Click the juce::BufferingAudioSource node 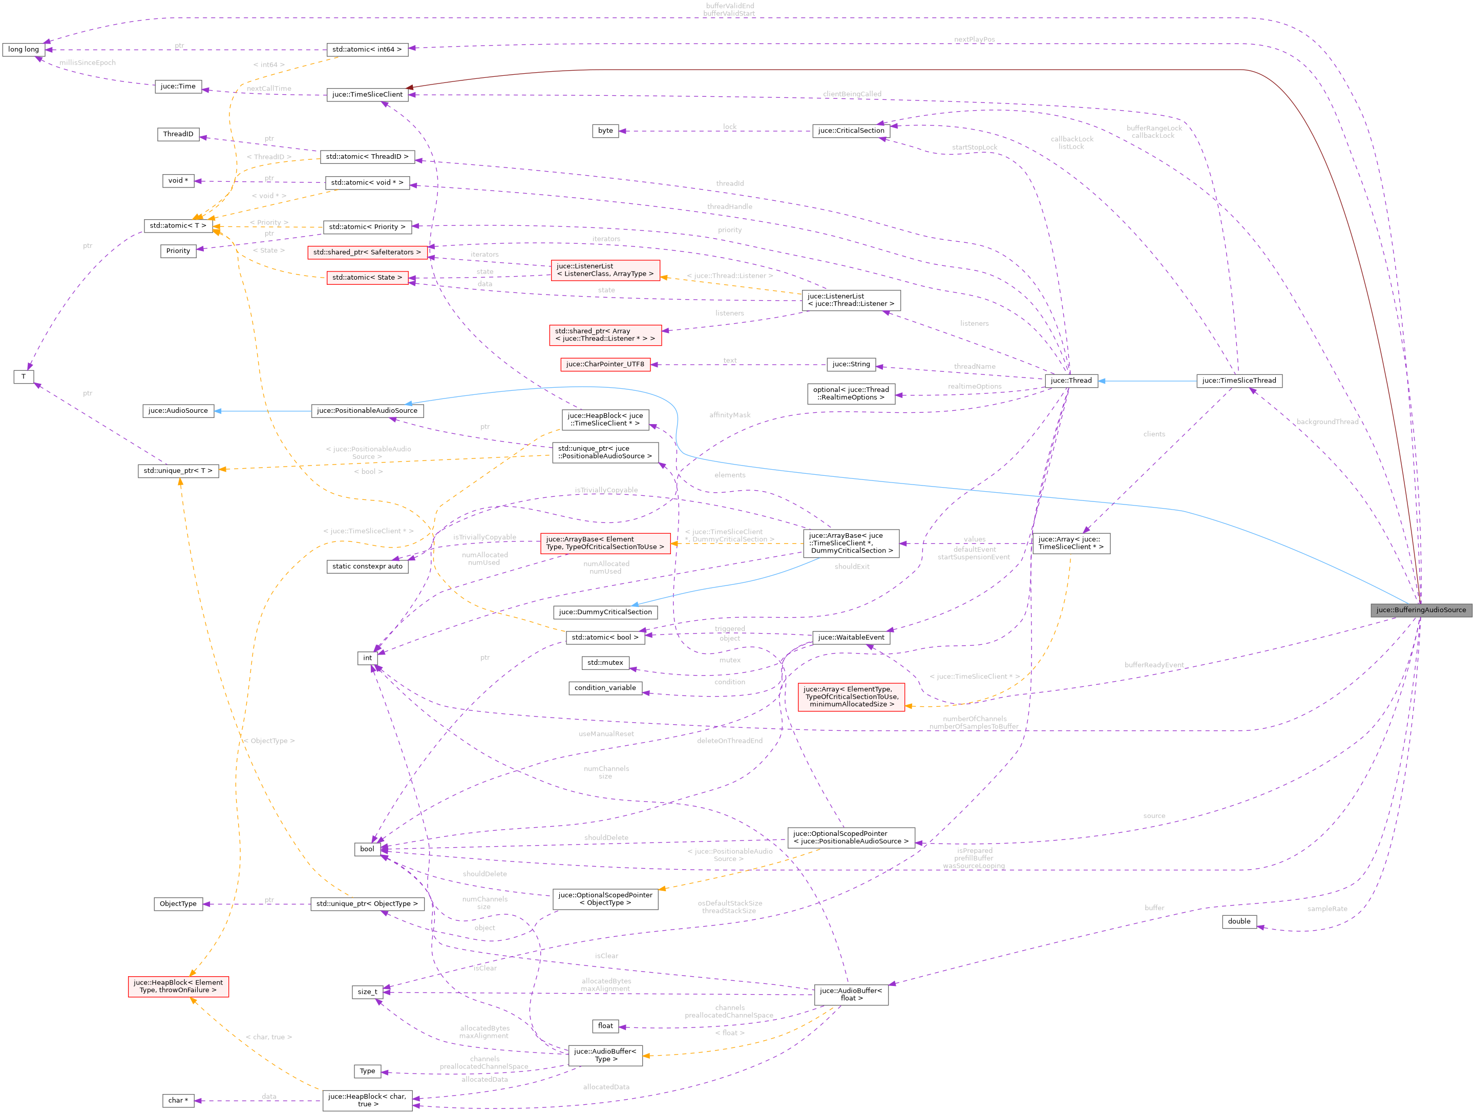point(1420,610)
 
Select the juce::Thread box point(1071,381)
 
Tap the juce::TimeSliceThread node point(1238,381)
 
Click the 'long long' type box point(24,49)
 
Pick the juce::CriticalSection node point(851,131)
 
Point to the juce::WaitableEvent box point(851,637)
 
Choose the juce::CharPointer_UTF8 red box point(605,364)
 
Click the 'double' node point(1239,921)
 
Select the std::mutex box point(605,663)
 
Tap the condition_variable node point(605,688)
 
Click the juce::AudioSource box point(178,411)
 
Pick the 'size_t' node point(367,992)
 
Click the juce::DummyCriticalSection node point(605,612)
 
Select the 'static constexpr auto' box point(367,566)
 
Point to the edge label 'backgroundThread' point(1327,422)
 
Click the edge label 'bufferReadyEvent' point(1153,665)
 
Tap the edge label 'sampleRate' point(1327,909)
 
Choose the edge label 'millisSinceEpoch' point(88,62)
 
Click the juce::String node point(851,364)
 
